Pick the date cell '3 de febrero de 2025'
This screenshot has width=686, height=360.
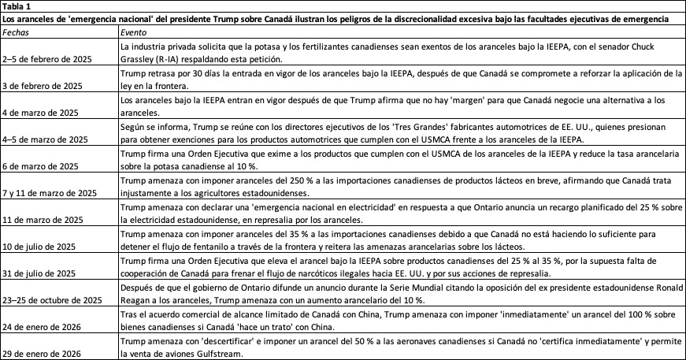pos(43,86)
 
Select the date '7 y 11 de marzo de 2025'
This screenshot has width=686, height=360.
pos(50,193)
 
